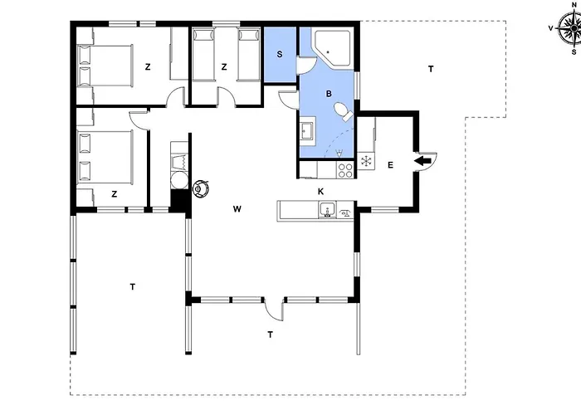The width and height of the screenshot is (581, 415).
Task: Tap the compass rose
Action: [x=571, y=27]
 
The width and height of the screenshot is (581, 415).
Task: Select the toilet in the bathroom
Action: [x=343, y=111]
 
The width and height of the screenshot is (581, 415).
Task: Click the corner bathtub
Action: [x=332, y=48]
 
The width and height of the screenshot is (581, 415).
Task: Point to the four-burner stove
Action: [x=345, y=170]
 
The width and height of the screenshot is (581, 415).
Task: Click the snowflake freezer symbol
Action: [x=366, y=162]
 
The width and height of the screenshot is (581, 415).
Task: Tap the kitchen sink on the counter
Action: [x=328, y=210]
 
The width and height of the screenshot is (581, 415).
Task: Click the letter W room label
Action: [x=237, y=209]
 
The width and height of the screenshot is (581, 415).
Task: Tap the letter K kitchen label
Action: [x=321, y=192]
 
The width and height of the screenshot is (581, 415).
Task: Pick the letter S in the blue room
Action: [x=280, y=54]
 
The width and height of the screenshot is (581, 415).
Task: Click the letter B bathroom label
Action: [x=329, y=94]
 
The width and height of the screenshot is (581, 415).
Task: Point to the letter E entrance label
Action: [x=390, y=165]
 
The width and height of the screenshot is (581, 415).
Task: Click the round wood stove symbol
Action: [x=201, y=188]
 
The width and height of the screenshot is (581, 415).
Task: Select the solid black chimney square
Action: [x=180, y=201]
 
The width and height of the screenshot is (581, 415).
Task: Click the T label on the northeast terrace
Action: [x=431, y=69]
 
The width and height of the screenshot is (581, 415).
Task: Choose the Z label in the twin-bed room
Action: [x=224, y=67]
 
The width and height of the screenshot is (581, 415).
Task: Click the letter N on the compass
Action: [x=574, y=5]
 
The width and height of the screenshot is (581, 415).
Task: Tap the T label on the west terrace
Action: [x=133, y=287]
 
